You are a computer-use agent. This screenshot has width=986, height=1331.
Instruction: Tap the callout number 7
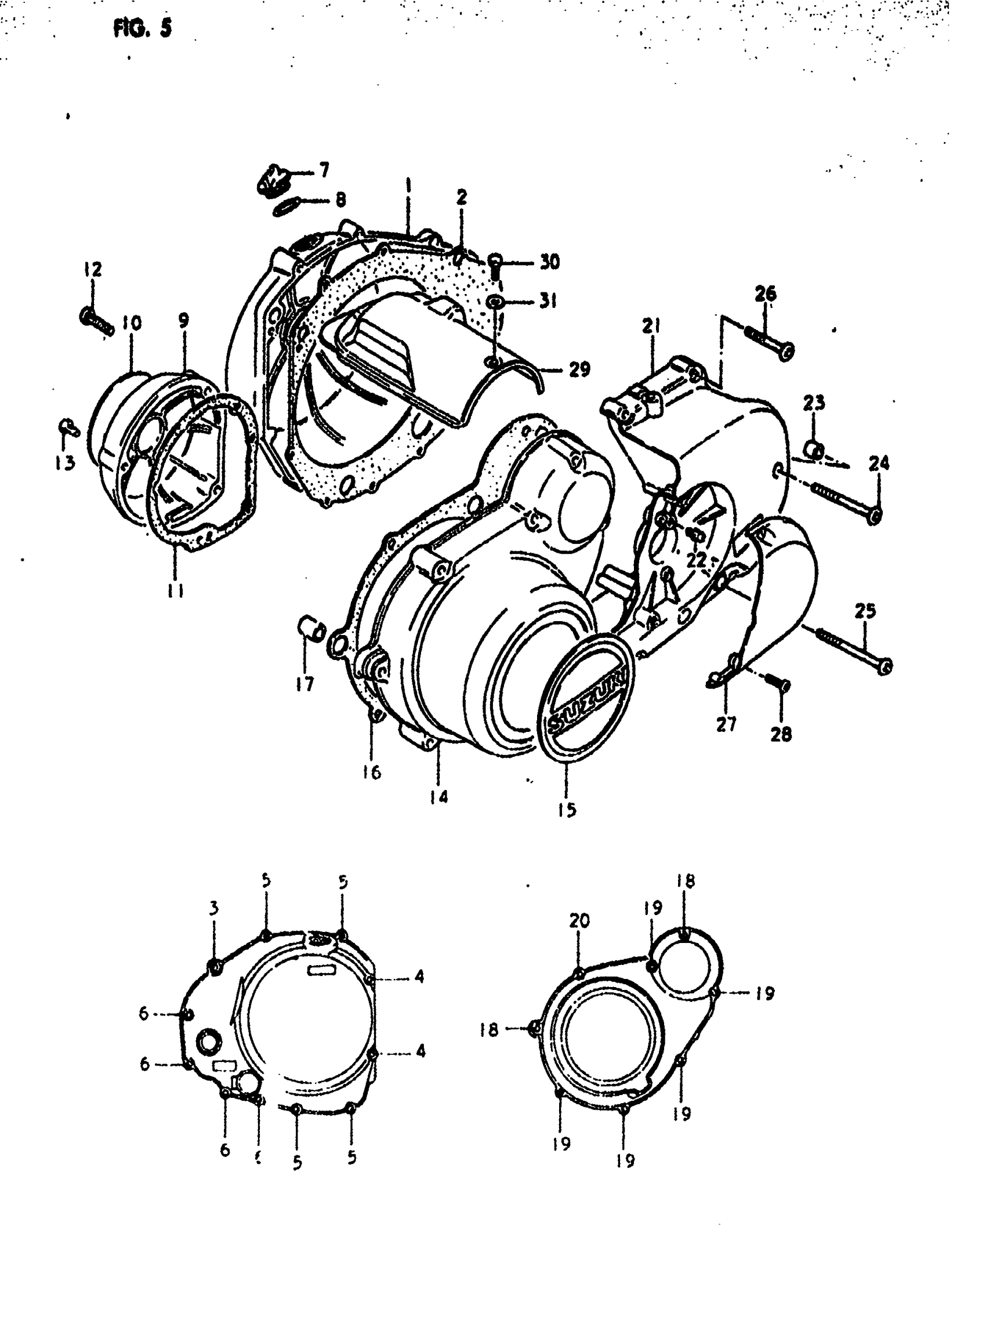[324, 171]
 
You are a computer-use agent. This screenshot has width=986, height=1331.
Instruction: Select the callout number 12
[93, 269]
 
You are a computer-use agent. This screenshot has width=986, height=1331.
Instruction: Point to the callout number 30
[549, 262]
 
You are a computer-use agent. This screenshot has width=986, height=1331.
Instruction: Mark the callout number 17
[304, 684]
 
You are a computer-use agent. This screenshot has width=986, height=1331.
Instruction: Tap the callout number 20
[579, 921]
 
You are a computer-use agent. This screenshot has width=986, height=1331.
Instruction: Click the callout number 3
[213, 908]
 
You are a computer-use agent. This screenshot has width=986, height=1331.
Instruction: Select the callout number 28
[781, 734]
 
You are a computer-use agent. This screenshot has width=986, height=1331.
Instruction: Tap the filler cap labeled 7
[272, 178]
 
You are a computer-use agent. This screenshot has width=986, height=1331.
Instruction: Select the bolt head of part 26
[786, 351]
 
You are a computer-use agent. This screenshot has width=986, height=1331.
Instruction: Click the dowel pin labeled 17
[310, 628]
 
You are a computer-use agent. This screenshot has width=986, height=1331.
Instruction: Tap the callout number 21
[651, 326]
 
